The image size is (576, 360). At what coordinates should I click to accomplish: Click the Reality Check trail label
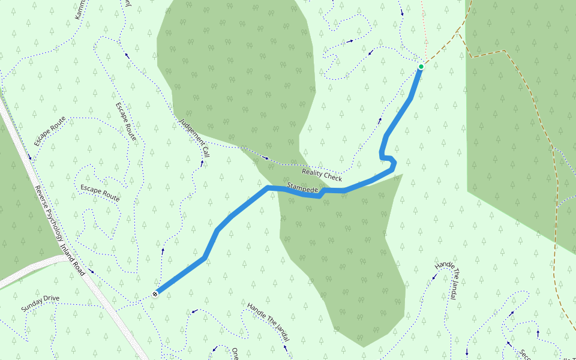click(322, 175)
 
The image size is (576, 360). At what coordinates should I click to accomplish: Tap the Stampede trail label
click(302, 187)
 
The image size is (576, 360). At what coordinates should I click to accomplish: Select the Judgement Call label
click(194, 138)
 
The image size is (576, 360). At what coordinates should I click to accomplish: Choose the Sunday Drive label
click(40, 302)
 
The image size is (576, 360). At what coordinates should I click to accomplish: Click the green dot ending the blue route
click(421, 67)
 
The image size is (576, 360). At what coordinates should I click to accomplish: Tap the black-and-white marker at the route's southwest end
click(156, 293)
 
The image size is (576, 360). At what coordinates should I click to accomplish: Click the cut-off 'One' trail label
click(235, 353)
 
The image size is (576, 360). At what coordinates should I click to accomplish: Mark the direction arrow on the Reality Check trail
click(266, 158)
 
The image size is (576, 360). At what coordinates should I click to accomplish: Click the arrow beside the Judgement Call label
click(202, 162)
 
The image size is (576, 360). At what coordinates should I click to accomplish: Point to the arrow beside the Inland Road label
click(92, 271)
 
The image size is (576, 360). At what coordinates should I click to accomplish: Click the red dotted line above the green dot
click(422, 30)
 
